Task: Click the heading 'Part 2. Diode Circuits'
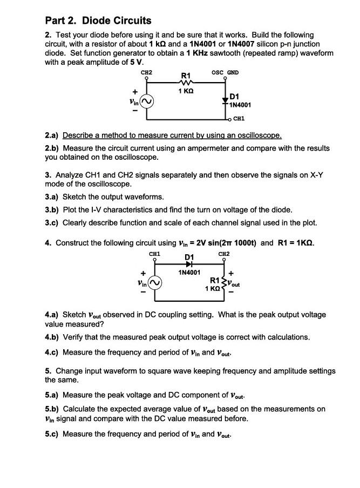(x=98, y=21)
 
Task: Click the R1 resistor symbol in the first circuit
(x=186, y=83)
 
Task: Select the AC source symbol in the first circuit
(x=147, y=101)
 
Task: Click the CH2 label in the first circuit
(x=146, y=72)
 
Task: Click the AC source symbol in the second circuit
(x=155, y=282)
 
